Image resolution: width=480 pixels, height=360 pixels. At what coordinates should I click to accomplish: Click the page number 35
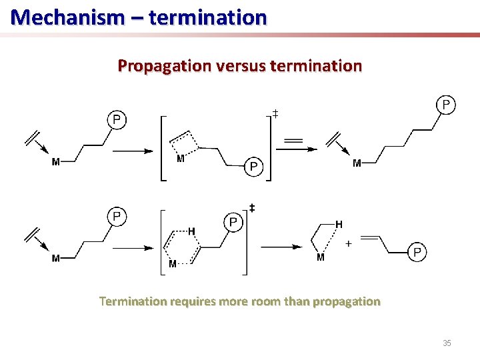coord(447,343)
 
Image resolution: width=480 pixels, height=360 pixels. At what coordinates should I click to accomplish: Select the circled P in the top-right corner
coord(446,105)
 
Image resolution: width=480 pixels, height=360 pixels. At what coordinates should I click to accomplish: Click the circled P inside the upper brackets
coord(253,167)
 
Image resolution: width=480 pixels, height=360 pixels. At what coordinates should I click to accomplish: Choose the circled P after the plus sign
coord(417,252)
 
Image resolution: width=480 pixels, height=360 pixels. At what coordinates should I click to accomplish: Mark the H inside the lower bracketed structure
coord(192,231)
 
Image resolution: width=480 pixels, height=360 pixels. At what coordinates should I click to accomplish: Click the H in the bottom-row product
coord(339,225)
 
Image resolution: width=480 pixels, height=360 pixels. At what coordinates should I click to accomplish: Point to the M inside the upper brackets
coord(180,159)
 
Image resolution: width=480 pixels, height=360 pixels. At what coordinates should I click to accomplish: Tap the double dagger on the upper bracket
coord(275,115)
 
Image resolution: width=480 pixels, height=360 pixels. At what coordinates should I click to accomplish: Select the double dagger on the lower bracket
coord(252,209)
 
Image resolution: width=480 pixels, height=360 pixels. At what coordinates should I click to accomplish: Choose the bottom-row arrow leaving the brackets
coord(281,247)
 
